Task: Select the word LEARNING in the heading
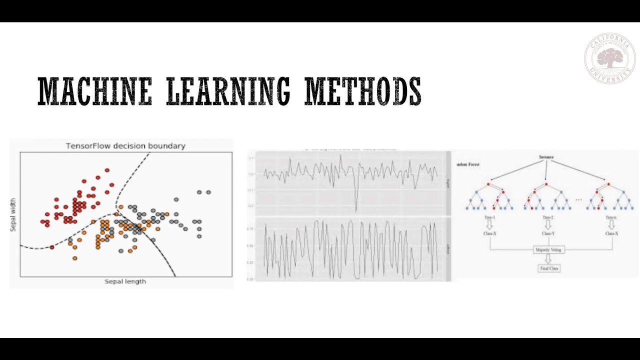(228, 91)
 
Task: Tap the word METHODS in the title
(363, 91)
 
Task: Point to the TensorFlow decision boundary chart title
(125, 146)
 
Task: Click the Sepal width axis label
(13, 214)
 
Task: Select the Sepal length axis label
(125, 281)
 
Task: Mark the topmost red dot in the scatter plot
(106, 170)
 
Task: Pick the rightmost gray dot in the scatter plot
(208, 192)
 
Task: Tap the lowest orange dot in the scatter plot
(75, 258)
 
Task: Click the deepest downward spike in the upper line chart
(356, 210)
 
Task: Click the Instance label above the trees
(546, 157)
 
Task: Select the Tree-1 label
(490, 217)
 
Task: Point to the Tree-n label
(611, 217)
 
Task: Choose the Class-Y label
(548, 233)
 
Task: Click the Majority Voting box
(548, 249)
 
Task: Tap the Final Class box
(548, 268)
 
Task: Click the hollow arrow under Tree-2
(548, 225)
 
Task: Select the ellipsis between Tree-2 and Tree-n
(578, 200)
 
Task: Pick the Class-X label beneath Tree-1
(489, 233)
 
